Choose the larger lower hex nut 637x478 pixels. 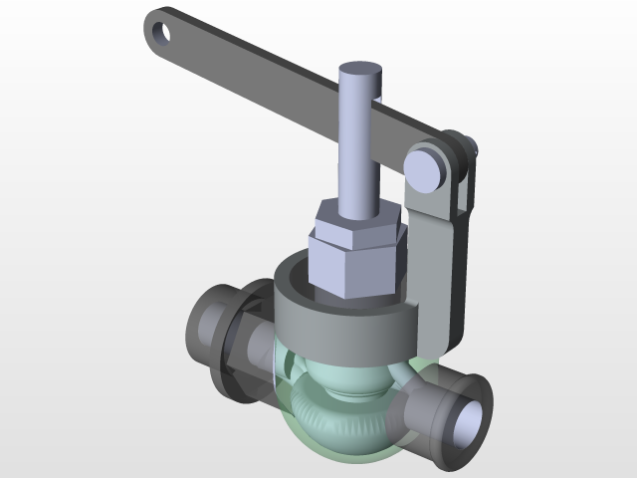pos(353,264)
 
